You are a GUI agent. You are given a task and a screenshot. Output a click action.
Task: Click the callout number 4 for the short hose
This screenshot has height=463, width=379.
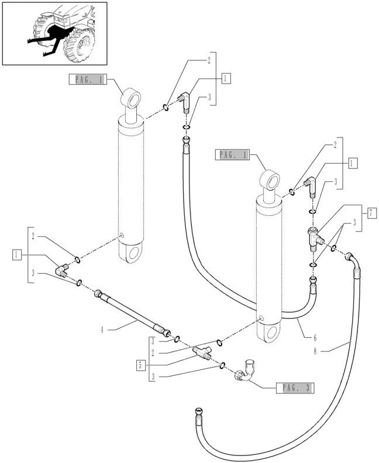coord(102,330)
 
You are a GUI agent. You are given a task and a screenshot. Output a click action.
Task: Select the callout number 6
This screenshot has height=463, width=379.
coord(315,337)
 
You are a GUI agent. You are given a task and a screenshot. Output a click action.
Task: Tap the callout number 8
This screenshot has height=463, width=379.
coord(315,351)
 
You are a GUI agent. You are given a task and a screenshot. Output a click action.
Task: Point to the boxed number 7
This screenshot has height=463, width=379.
coord(372,213)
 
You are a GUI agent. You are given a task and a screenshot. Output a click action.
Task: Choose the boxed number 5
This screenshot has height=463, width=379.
coord(140,365)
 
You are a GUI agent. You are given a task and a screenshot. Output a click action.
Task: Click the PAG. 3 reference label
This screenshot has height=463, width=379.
coord(295,388)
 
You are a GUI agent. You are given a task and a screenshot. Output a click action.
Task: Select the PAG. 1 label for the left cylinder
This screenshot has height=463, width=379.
coord(88,80)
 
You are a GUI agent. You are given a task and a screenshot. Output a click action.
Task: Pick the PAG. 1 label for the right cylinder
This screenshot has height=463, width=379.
coord(232,155)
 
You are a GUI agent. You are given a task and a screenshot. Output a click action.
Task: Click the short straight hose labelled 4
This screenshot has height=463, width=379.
coord(132,314)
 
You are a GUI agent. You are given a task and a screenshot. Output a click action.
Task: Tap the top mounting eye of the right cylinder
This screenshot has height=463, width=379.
coord(270,180)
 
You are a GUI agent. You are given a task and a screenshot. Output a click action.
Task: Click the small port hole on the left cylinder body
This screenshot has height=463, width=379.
coord(121,235)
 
